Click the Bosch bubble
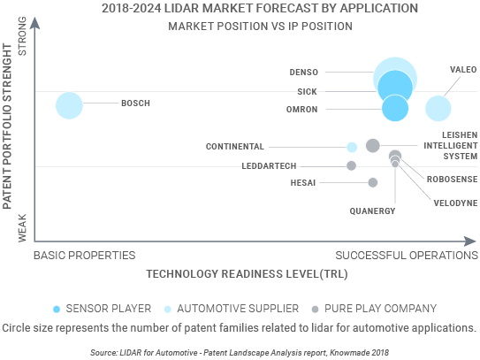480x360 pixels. tap(69, 105)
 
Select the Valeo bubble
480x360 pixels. tap(438, 108)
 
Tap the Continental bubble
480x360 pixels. tap(352, 147)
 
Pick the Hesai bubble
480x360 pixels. tap(372, 182)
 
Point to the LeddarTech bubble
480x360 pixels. tap(351, 165)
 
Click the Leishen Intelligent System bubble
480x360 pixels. tap(373, 145)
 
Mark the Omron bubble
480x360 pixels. tap(395, 108)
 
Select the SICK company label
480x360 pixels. tap(307, 92)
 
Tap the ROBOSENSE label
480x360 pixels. tap(452, 180)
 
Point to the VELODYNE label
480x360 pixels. tap(455, 203)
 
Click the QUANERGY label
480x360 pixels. tap(372, 211)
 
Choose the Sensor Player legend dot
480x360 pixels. tap(57, 310)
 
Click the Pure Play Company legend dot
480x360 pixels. tap(315, 310)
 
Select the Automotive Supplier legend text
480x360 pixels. tap(238, 309)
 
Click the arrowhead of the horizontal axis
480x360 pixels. tap(470, 241)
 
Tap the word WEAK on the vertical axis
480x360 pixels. tap(22, 228)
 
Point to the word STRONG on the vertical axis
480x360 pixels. tap(22, 36)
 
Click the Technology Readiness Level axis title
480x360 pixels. tap(247, 274)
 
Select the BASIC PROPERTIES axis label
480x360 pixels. tap(85, 256)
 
